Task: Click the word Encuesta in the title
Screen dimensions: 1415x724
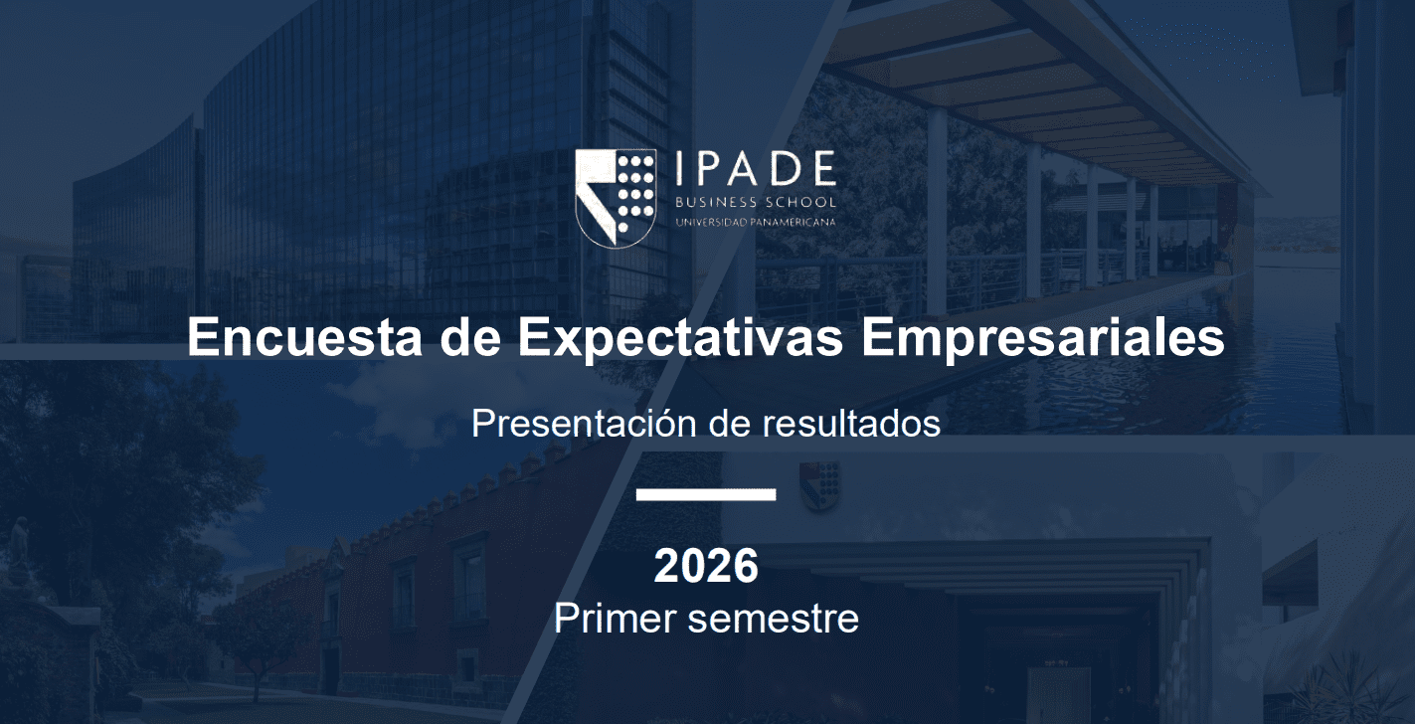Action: (304, 337)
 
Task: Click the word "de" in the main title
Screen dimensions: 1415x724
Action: (470, 337)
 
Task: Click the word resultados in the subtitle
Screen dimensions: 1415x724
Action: (851, 424)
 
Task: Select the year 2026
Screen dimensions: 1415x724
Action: (706, 566)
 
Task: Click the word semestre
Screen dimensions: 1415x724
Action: (774, 620)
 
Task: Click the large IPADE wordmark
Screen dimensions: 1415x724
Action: (756, 168)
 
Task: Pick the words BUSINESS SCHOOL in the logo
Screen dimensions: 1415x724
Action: (756, 203)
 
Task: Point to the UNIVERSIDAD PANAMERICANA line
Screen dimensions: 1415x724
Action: (756, 223)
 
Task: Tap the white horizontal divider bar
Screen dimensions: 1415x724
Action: (706, 494)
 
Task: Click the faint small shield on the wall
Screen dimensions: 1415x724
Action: (820, 485)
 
